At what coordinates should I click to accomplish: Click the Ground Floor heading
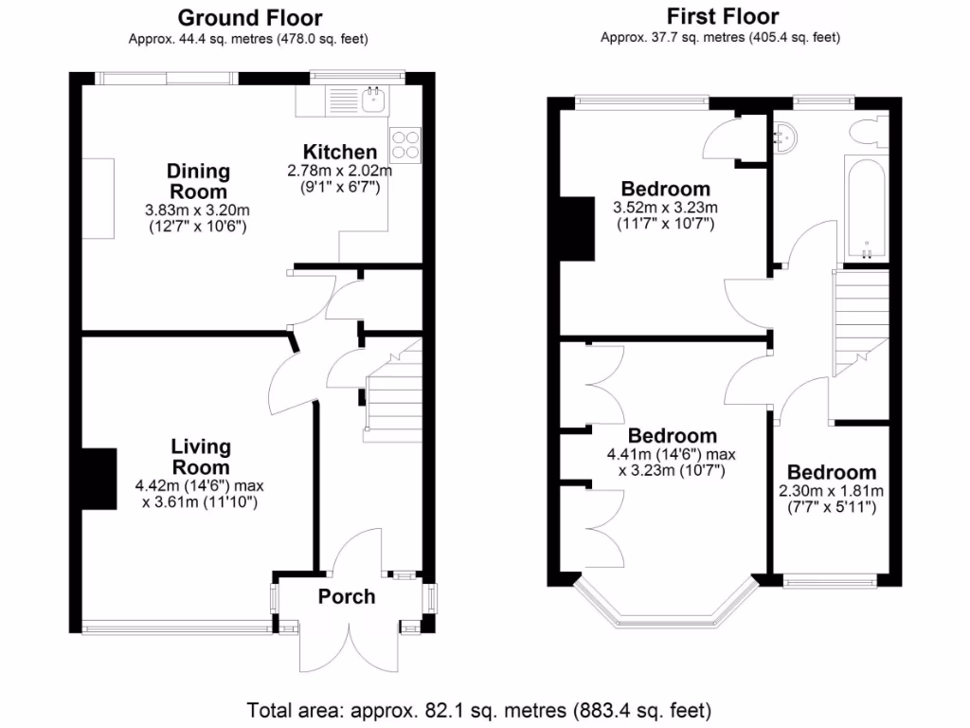tap(249, 17)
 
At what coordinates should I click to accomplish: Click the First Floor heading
tap(723, 16)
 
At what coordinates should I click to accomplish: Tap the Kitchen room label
tap(339, 152)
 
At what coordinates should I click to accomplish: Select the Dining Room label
tap(198, 181)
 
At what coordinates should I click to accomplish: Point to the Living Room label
tap(200, 456)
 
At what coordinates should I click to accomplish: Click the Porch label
tap(346, 596)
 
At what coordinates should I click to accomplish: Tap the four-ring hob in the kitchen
tap(404, 143)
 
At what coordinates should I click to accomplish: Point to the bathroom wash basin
tap(786, 139)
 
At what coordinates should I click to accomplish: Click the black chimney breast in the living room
tap(98, 480)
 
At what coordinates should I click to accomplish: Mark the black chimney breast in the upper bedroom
tap(577, 227)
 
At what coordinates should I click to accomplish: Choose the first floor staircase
tap(860, 322)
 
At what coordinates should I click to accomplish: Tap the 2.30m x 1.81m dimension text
tap(830, 491)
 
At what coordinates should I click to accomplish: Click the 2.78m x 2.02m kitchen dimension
tap(339, 171)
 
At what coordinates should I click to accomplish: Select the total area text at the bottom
tap(478, 709)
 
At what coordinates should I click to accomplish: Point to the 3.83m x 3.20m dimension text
tap(197, 210)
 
